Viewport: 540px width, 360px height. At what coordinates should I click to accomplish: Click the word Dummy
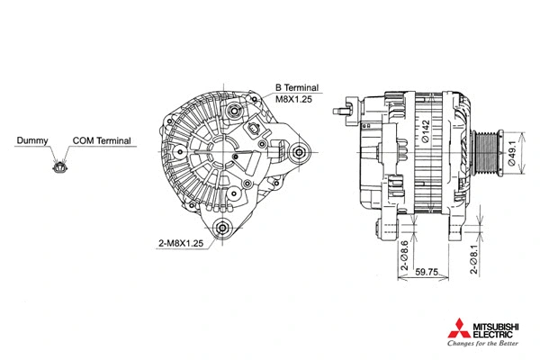point(32,141)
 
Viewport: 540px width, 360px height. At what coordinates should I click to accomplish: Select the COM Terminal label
point(103,141)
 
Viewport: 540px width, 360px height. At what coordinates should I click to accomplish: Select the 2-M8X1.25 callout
point(179,243)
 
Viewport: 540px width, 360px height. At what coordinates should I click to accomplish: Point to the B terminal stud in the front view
point(236,111)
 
